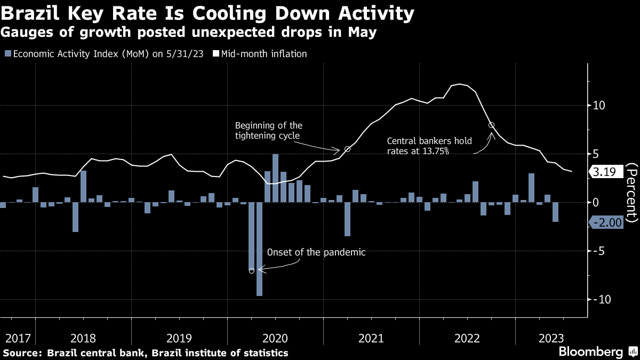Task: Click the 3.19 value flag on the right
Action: (x=606, y=172)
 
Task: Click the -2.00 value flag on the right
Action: (x=606, y=222)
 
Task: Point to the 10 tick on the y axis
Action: (x=599, y=106)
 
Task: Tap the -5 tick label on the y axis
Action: (x=598, y=251)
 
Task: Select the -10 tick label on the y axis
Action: (x=602, y=299)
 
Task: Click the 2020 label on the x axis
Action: (x=275, y=338)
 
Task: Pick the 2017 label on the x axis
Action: (x=18, y=338)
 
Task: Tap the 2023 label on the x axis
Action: (x=551, y=338)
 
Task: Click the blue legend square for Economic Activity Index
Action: (x=8, y=54)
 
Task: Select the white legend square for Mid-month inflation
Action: (x=216, y=54)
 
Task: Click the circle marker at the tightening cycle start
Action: (x=347, y=149)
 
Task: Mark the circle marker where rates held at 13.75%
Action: (x=491, y=125)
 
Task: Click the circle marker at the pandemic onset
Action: (x=251, y=270)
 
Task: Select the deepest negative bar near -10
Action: (x=259, y=249)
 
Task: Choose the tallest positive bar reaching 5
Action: (x=275, y=178)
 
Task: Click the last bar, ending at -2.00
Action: (x=555, y=212)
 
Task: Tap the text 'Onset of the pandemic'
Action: (x=316, y=252)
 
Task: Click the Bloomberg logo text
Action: (x=591, y=351)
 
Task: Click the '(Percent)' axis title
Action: (x=631, y=193)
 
